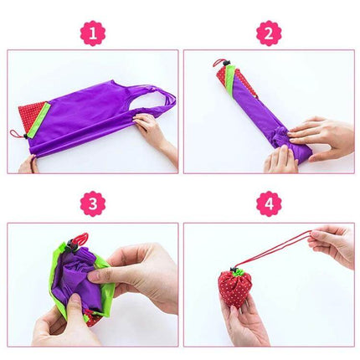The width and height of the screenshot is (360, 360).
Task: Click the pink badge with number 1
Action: pos(92,33)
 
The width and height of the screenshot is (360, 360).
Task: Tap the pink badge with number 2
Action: pos(269,33)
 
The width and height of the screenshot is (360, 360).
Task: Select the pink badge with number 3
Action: pos(92,203)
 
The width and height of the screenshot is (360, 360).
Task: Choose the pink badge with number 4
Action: pos(269,203)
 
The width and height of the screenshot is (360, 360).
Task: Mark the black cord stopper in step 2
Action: pos(224,67)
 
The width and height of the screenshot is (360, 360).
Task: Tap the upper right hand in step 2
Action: pos(322,132)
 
